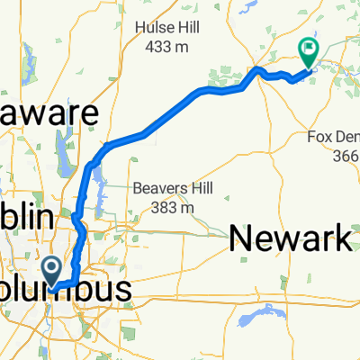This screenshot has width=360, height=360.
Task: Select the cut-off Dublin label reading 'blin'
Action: pyautogui.click(x=27, y=219)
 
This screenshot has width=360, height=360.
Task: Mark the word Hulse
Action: pyautogui.click(x=153, y=27)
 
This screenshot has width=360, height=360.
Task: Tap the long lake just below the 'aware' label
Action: pyautogui.click(x=62, y=143)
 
